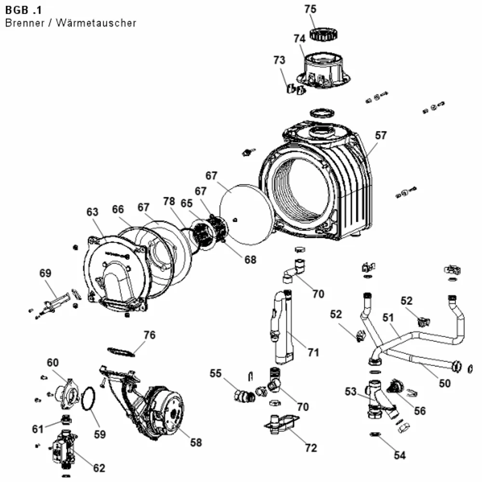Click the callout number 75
click(310, 9)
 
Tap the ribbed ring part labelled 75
click(323, 34)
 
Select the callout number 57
click(381, 135)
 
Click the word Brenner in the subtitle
click(25, 23)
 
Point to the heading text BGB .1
click(23, 10)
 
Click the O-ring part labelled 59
click(89, 399)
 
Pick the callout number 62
click(99, 468)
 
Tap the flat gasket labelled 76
click(121, 352)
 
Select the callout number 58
click(196, 442)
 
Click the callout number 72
click(311, 448)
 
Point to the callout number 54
click(400, 455)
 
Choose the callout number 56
click(420, 411)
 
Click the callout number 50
click(444, 383)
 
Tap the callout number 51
click(388, 318)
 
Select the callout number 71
click(313, 352)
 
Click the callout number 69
click(45, 273)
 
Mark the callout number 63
click(92, 212)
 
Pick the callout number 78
click(169, 201)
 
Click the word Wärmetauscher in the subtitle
click(96, 23)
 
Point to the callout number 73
click(279, 60)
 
